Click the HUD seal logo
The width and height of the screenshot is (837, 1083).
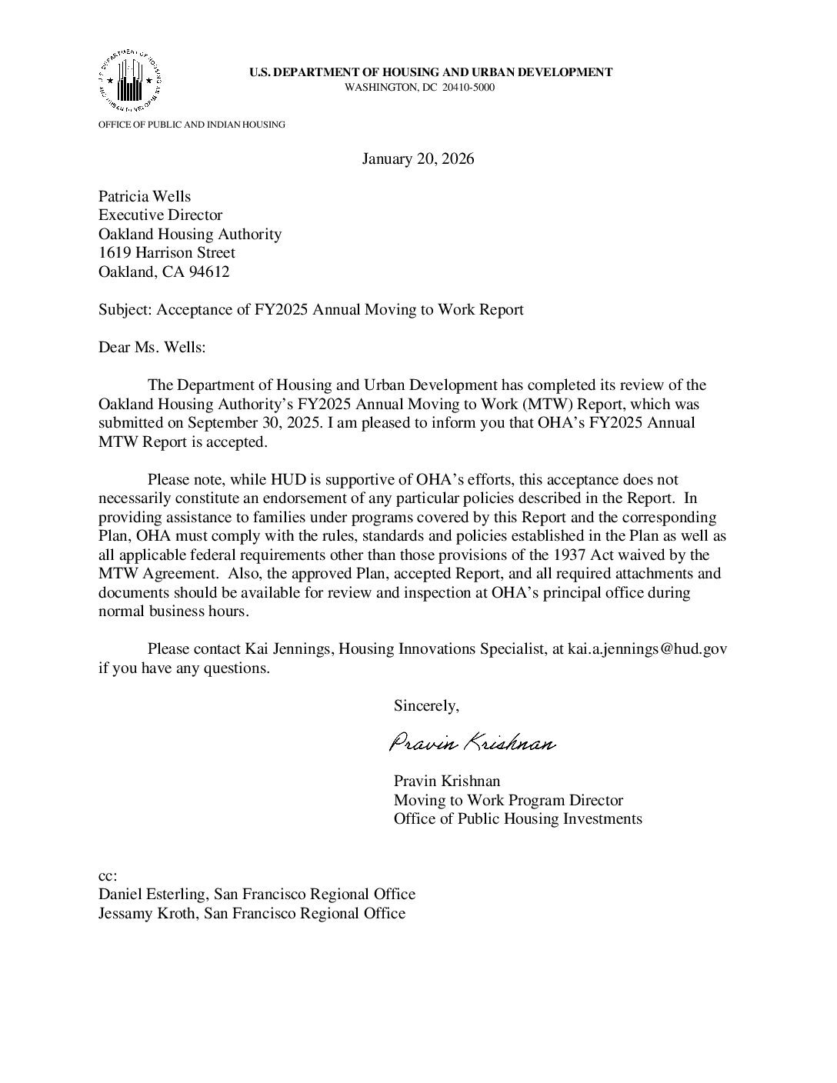pyautogui.click(x=129, y=80)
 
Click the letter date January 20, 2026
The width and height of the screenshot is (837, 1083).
pyautogui.click(x=418, y=159)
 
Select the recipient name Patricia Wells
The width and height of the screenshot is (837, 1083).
pyautogui.click(x=145, y=197)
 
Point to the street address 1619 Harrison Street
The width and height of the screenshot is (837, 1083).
pyautogui.click(x=167, y=253)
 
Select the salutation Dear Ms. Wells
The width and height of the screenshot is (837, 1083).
pyautogui.click(x=152, y=347)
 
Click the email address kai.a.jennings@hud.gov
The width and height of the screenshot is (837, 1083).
pyautogui.click(x=647, y=649)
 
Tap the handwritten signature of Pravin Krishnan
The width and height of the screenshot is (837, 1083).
pyautogui.click(x=472, y=744)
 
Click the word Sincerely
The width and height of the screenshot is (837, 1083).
pyautogui.click(x=426, y=705)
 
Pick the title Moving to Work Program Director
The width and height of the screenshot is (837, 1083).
pyautogui.click(x=508, y=801)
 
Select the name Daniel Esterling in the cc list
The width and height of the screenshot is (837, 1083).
pyautogui.click(x=152, y=895)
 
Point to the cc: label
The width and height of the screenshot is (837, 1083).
pyautogui.click(x=108, y=876)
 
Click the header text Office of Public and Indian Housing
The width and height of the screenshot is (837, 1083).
pyautogui.click(x=192, y=125)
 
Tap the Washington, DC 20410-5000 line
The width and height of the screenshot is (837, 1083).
pyautogui.click(x=419, y=88)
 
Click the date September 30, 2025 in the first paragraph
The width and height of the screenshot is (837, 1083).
pyautogui.click(x=254, y=423)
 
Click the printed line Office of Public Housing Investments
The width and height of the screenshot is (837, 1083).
pyautogui.click(x=518, y=819)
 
